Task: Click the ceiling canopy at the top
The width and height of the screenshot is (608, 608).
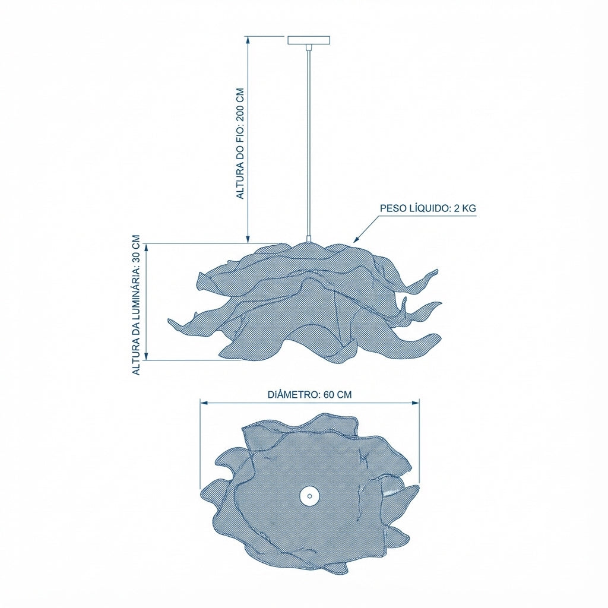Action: coord(309,40)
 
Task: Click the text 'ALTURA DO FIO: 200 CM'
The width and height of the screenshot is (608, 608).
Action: coord(241,144)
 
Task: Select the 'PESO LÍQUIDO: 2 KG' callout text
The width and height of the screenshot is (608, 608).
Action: coord(427,208)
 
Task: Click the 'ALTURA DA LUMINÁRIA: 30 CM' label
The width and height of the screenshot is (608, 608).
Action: coord(136,305)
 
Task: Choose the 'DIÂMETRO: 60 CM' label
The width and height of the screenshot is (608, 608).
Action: coord(310,395)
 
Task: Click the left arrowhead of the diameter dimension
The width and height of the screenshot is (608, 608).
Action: coord(204,403)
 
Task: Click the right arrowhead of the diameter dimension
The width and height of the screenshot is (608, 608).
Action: coord(416,403)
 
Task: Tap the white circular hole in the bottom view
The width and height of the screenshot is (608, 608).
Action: coord(309,495)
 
